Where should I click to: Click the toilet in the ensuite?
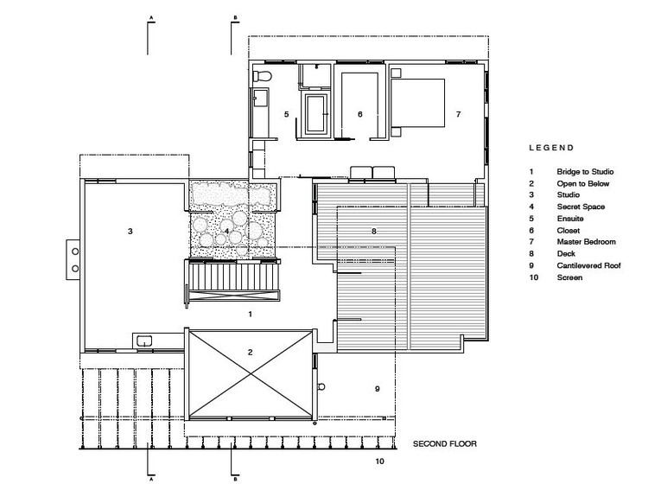point(262,76)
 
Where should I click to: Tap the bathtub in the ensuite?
point(316,114)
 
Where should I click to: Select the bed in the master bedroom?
point(417,103)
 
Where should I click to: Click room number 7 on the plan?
point(458,114)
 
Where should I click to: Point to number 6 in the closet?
point(360,114)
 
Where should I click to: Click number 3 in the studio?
point(130,231)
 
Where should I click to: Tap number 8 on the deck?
point(374,231)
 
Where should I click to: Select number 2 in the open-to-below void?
point(250,352)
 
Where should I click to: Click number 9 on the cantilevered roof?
point(378,389)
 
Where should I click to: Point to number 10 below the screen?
point(380,462)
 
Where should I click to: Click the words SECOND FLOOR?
point(445,444)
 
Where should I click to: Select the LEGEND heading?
point(551,148)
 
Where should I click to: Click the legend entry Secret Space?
point(581,207)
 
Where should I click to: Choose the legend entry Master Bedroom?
point(586,242)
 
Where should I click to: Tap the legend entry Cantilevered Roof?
point(588,265)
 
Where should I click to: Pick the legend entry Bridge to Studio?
point(585,171)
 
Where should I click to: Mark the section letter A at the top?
point(151,18)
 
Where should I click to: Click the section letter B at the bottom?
point(235,480)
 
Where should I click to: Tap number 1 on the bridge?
point(250,314)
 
